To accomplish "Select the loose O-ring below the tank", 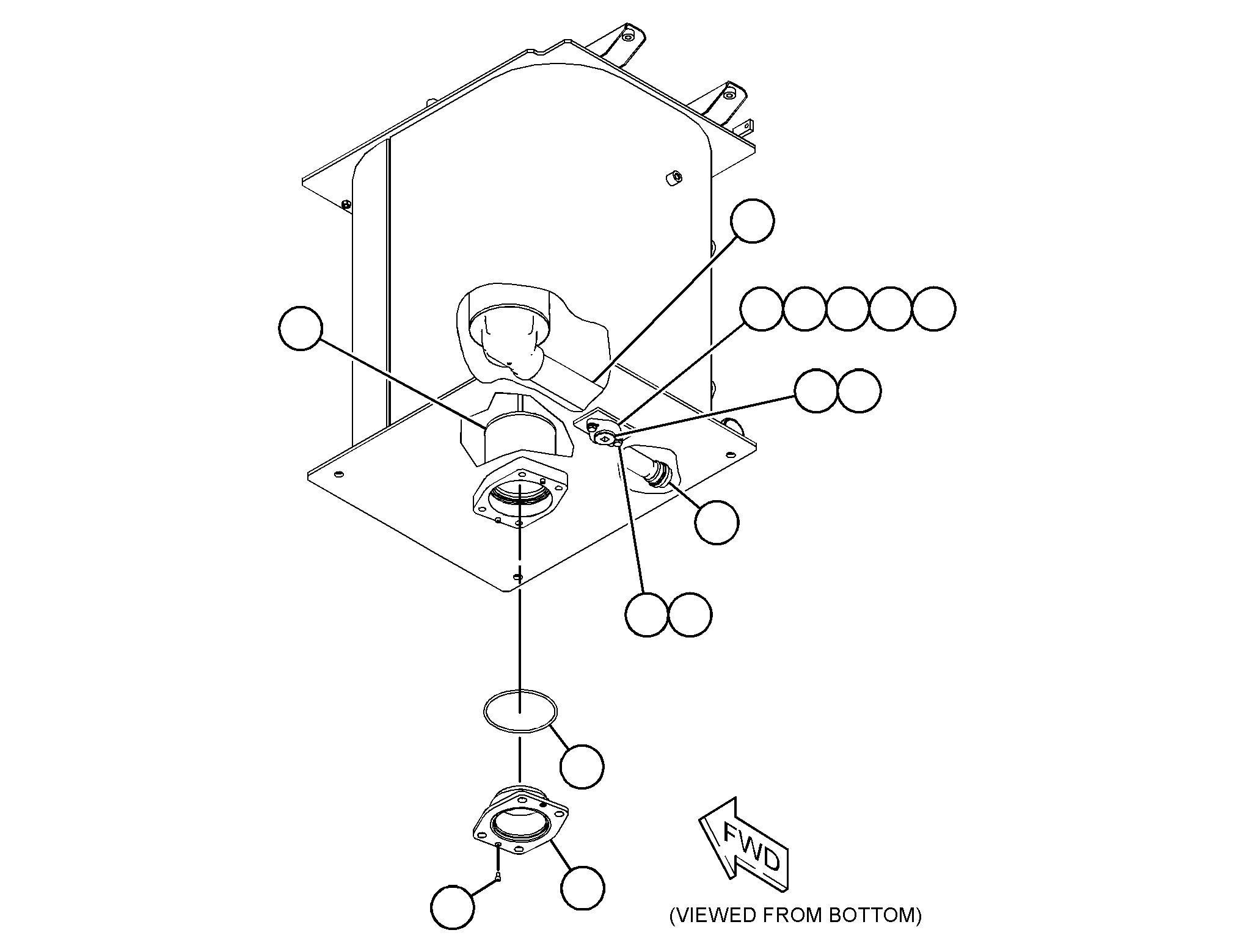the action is (x=520, y=708).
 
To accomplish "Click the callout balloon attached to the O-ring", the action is (x=582, y=766).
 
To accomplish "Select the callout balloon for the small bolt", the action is (x=452, y=907).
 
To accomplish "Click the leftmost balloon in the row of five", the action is (x=762, y=309).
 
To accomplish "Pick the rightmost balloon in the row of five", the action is (x=933, y=309).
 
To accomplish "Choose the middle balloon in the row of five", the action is (x=847, y=309).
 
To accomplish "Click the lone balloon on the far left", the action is (x=300, y=328).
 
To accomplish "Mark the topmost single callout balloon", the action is (x=753, y=220).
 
